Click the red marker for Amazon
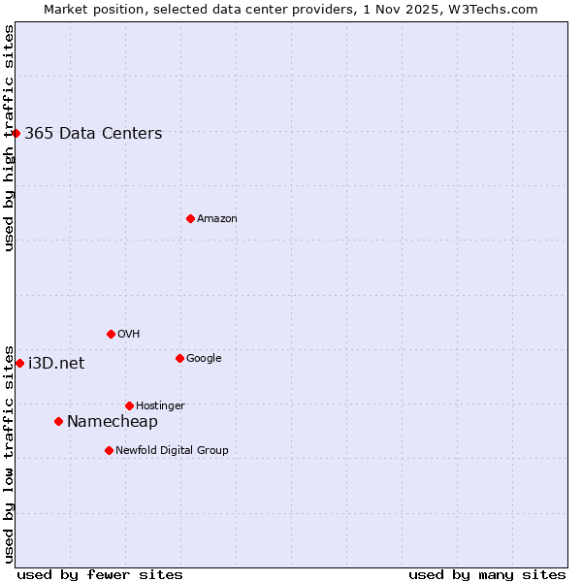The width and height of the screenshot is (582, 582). click(x=190, y=218)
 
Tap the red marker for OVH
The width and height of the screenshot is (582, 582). click(x=111, y=334)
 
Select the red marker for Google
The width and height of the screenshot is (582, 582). click(x=179, y=358)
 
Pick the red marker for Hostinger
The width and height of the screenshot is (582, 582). click(x=129, y=405)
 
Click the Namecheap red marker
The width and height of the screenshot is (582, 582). click(x=58, y=421)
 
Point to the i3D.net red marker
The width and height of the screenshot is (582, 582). click(x=19, y=363)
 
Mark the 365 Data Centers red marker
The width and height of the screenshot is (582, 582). click(x=16, y=133)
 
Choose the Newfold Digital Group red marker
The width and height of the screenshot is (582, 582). click(x=109, y=450)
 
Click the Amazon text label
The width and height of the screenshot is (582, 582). click(x=217, y=219)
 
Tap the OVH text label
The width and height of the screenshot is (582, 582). click(x=129, y=335)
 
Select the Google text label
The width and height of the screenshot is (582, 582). click(x=204, y=359)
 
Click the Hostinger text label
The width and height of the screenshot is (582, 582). click(x=160, y=406)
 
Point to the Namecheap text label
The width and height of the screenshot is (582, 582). click(x=113, y=421)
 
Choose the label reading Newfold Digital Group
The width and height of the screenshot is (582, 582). click(x=172, y=451)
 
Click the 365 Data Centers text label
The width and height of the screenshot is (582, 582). click(x=93, y=134)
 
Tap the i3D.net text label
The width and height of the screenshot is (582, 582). click(x=56, y=364)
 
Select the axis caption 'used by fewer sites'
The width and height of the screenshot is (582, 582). click(x=100, y=574)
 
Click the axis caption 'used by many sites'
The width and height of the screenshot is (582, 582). click(x=487, y=574)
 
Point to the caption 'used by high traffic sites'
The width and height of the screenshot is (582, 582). click(x=9, y=138)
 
